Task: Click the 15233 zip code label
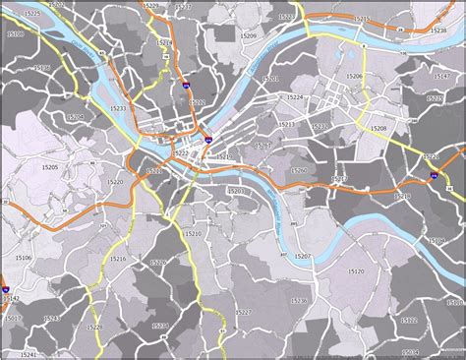pyautogui.click(x=118, y=108)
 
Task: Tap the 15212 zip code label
pyautogui.click(x=198, y=102)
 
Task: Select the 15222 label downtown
pyautogui.click(x=181, y=154)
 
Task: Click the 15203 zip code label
pyautogui.click(x=236, y=191)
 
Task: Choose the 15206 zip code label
pyautogui.click(x=354, y=76)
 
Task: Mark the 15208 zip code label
pyautogui.click(x=378, y=129)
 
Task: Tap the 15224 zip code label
pyautogui.click(x=294, y=98)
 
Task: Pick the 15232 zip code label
pyautogui.click(x=319, y=126)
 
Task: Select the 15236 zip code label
pyautogui.click(x=300, y=300)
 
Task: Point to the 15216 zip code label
pyautogui.click(x=118, y=258)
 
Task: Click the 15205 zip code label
pyautogui.click(x=50, y=168)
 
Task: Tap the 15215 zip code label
pyautogui.click(x=362, y=19)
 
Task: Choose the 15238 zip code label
pyautogui.click(x=438, y=30)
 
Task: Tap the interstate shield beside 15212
pyautogui.click(x=186, y=91)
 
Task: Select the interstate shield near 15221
pyautogui.click(x=434, y=175)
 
